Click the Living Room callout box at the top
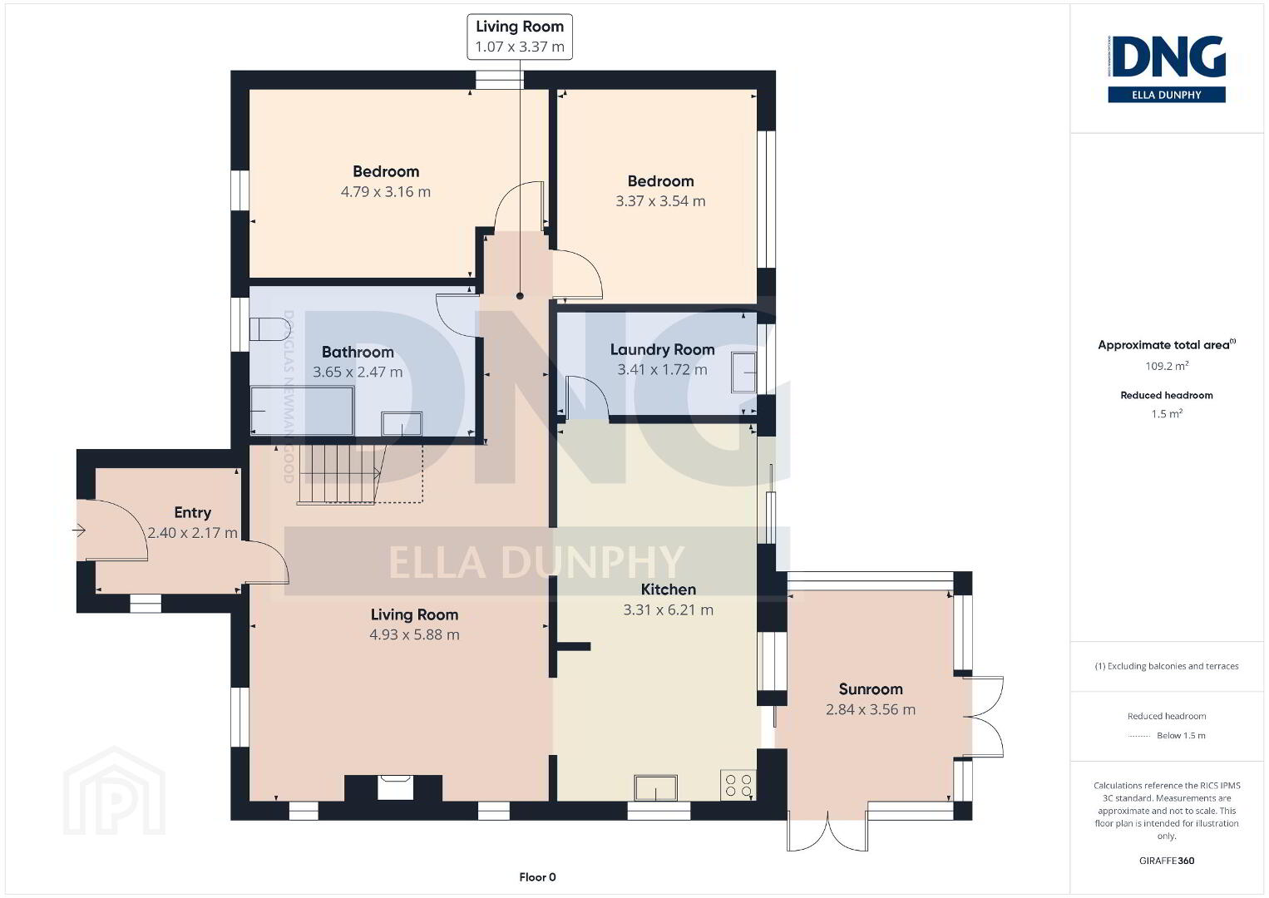[x=520, y=37]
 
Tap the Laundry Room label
[x=662, y=349]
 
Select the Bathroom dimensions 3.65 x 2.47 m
[x=358, y=372]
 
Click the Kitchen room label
[x=669, y=590]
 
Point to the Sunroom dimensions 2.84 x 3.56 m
[x=871, y=709]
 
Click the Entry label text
[x=193, y=513]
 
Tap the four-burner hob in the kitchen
[x=738, y=785]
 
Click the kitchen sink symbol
[x=656, y=787]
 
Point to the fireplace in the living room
[x=393, y=787]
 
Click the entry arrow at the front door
[x=79, y=530]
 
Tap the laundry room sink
[x=743, y=373]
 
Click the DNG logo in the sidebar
[x=1167, y=69]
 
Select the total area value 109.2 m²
[x=1167, y=366]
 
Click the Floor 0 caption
[x=538, y=877]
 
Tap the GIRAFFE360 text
[x=1167, y=861]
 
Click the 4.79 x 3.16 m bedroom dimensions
[x=386, y=191]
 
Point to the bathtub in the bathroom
[x=303, y=411]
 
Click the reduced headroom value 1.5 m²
[x=1167, y=414]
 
